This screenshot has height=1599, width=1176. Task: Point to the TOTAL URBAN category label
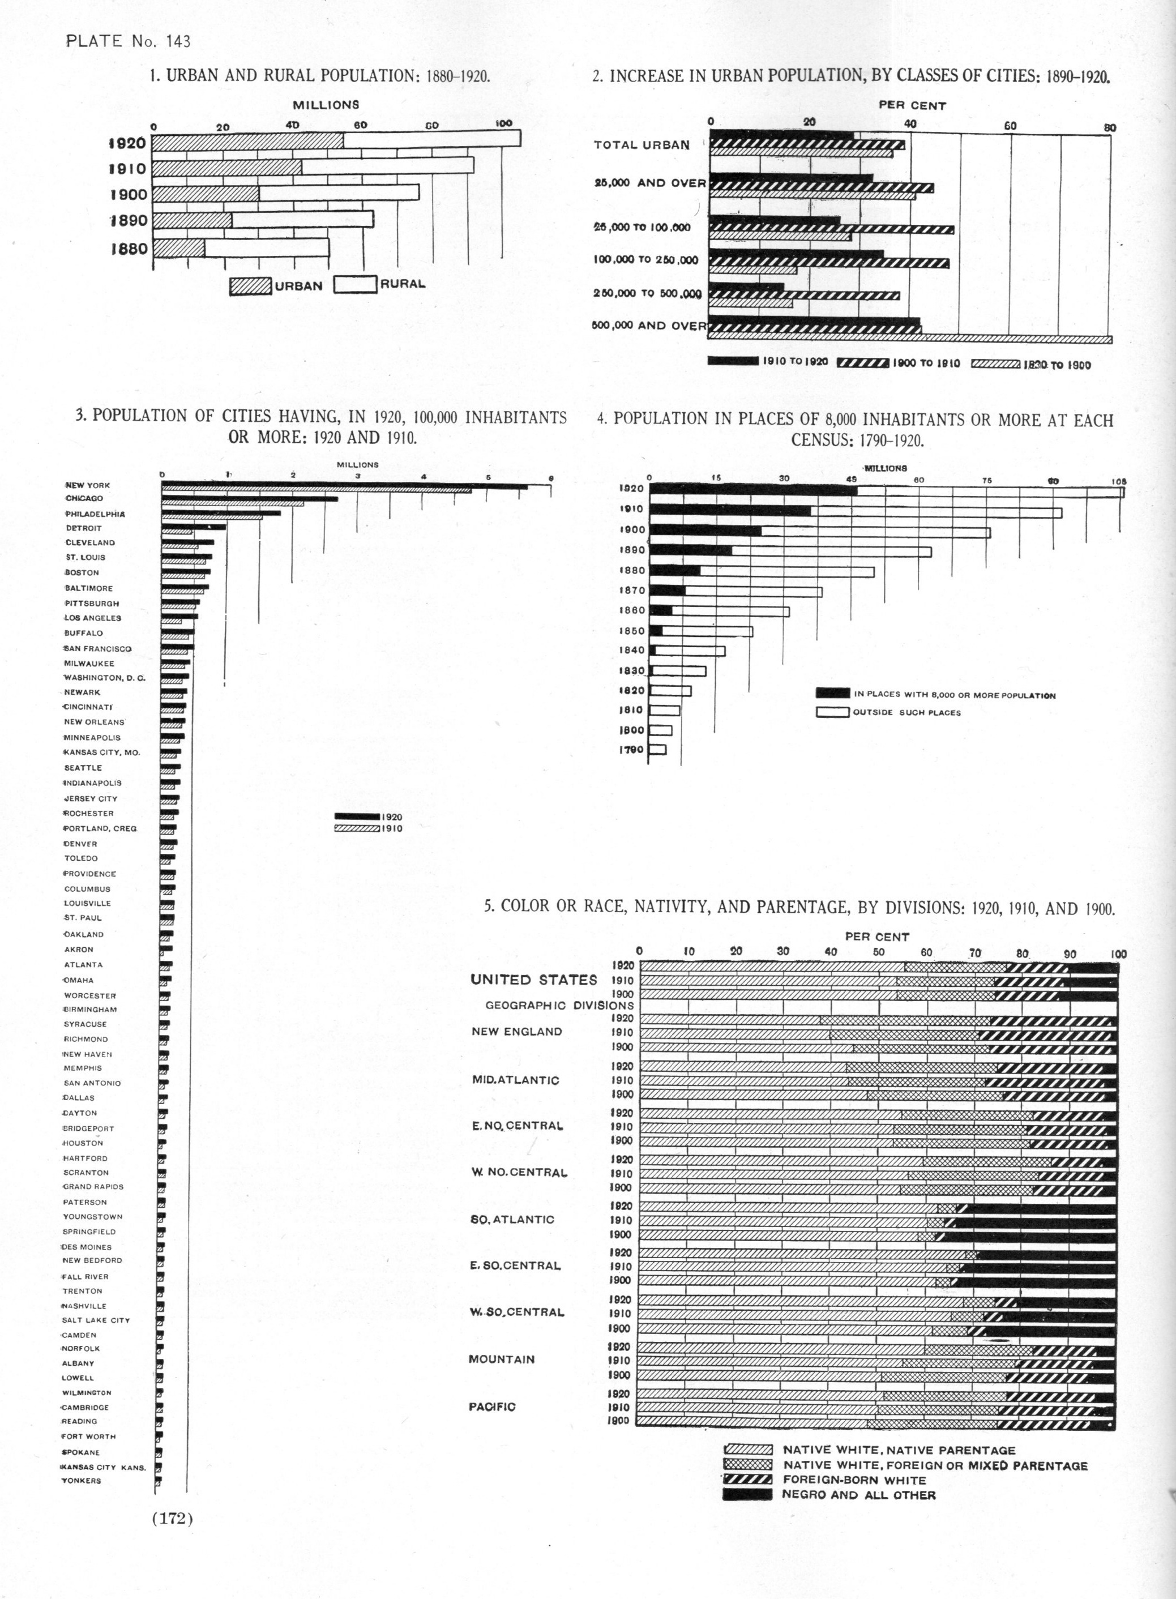pos(642,145)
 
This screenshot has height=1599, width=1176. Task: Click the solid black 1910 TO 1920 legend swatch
pos(733,361)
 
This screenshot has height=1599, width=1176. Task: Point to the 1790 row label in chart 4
pos(631,750)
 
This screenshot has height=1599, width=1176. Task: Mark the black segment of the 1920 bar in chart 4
pos(753,490)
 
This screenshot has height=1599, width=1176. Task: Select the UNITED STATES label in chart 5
pos(533,980)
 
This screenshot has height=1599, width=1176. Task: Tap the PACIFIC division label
pos(492,1407)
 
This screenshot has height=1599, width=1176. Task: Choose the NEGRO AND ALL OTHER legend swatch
pos(747,1495)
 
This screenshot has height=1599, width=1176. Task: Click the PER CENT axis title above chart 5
pos(877,937)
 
